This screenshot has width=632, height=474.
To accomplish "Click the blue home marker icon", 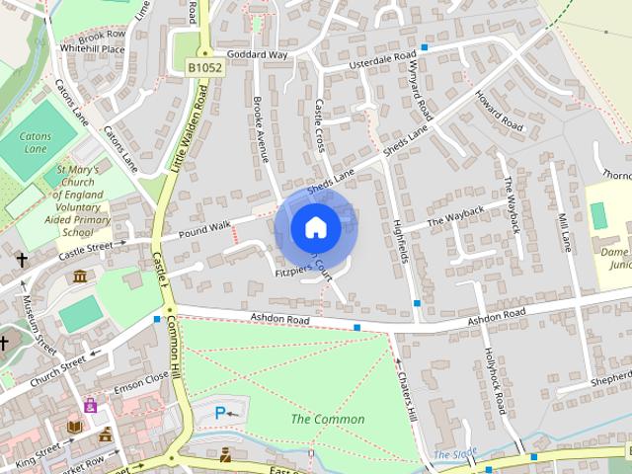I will click(315, 227).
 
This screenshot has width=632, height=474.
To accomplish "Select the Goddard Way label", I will click(256, 55).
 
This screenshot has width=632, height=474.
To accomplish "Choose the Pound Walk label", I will click(205, 230).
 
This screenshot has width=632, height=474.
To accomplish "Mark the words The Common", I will click(327, 420).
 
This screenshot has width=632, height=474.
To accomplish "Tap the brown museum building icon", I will click(79, 276).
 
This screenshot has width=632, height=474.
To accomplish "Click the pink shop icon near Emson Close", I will click(91, 405).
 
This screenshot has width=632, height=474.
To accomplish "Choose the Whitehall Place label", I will click(92, 48).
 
